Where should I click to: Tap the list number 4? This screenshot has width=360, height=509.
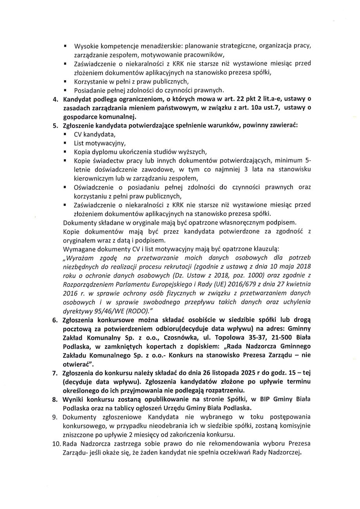point(55,99)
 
